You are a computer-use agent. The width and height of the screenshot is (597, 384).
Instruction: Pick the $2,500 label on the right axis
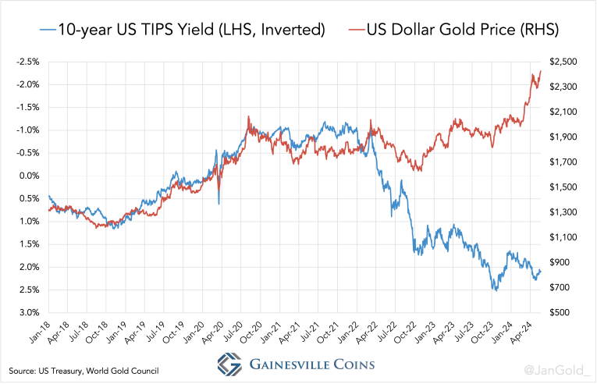pyautogui.click(x=563, y=62)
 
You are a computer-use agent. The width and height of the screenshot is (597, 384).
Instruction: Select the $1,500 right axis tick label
pyautogui.click(x=563, y=187)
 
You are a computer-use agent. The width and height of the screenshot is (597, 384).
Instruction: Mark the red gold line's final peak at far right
pyautogui.click(x=541, y=71)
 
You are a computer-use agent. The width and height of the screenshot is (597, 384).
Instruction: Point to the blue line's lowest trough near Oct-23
pyautogui.click(x=495, y=290)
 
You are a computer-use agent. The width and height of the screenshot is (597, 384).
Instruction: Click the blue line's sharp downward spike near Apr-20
pyautogui.click(x=219, y=204)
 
